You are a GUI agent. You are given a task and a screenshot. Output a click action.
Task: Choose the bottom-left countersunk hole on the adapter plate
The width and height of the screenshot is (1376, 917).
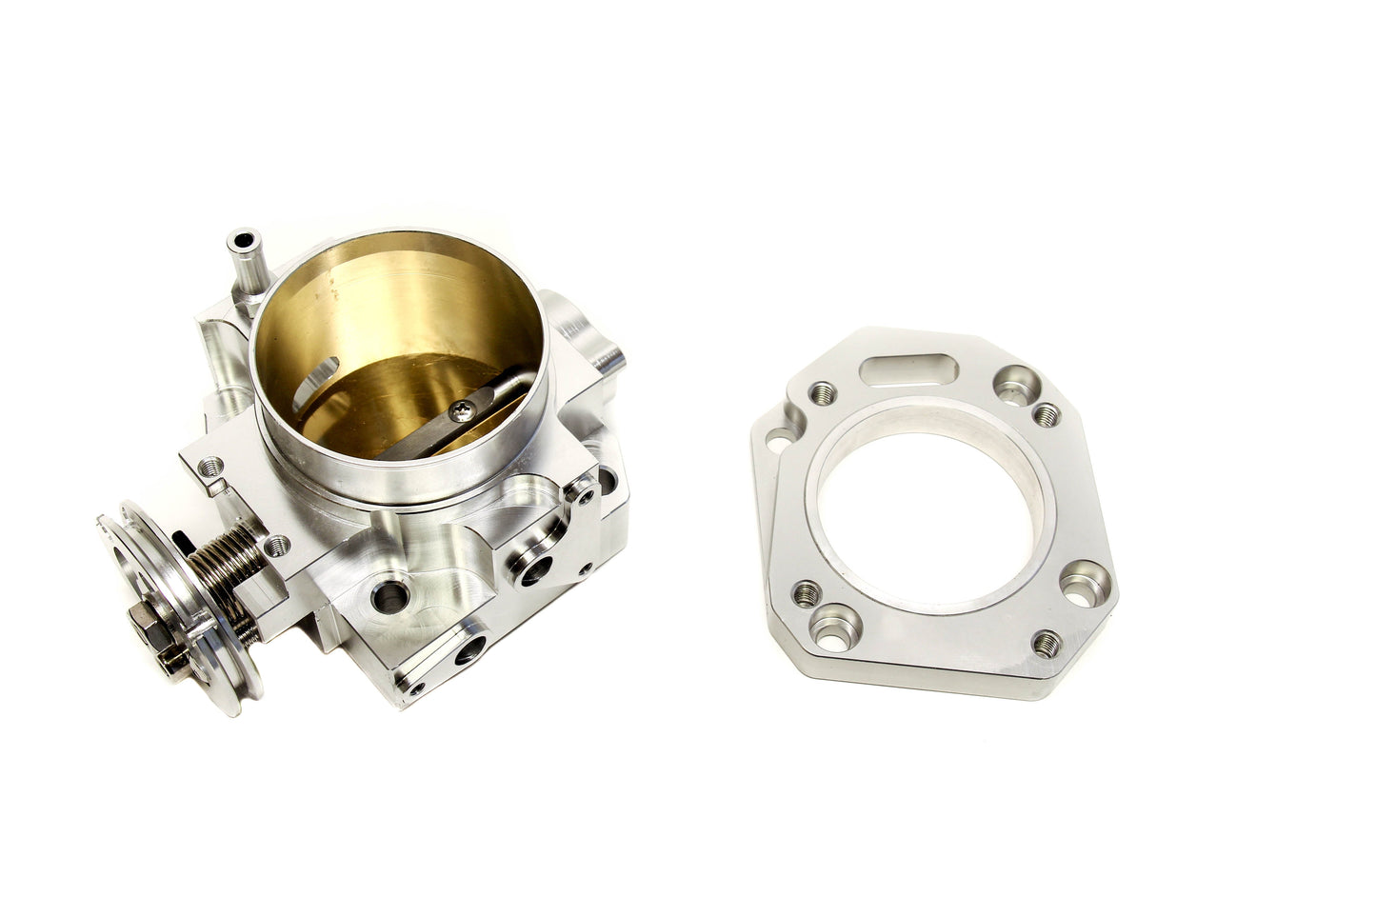coord(839,625)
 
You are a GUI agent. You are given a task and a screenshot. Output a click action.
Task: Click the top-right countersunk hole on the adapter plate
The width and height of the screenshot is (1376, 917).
coord(1014,384)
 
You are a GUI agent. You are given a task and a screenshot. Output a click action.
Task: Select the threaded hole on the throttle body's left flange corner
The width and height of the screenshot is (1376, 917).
coord(211,466)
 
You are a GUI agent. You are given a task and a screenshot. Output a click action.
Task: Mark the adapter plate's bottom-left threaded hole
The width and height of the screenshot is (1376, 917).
coord(806,595)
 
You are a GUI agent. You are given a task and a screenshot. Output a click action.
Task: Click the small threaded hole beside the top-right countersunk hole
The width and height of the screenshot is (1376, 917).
coord(1047,414)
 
